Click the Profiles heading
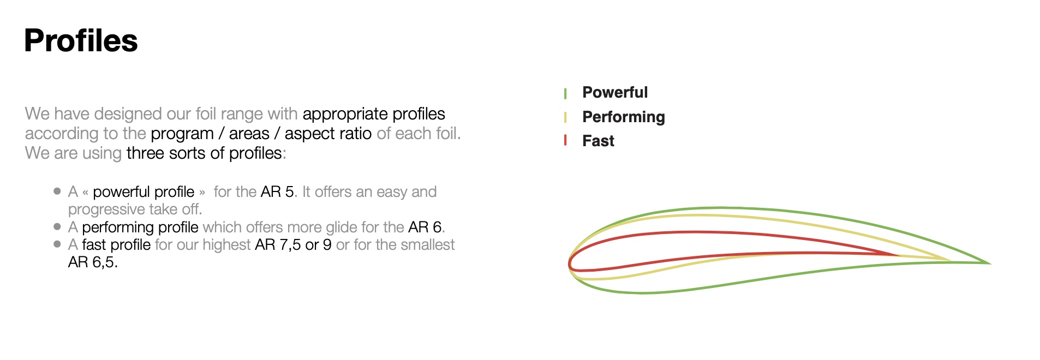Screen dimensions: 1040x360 coord(81,40)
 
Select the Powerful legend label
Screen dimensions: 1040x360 coord(615,92)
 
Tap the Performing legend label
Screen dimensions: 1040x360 coord(624,117)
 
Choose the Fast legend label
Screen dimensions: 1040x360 coord(598,141)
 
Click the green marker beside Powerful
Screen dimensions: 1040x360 coord(565,93)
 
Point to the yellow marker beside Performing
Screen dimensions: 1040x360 coord(565,117)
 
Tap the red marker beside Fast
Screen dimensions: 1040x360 coord(565,141)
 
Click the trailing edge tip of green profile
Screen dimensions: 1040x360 coord(990,263)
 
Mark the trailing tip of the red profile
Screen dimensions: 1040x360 coord(899,255)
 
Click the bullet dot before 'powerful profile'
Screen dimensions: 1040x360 coord(57,191)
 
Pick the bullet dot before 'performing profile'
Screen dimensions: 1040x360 coord(57,226)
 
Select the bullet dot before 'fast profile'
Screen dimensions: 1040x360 coord(57,244)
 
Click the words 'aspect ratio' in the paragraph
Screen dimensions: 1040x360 coord(328,134)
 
